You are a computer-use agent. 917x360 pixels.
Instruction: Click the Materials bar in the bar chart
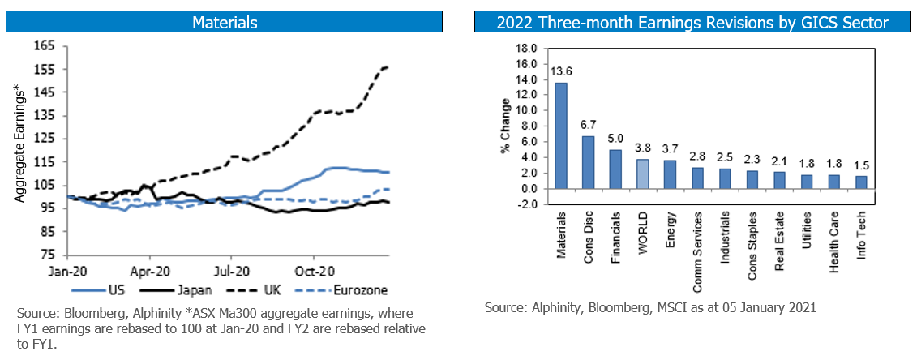560,135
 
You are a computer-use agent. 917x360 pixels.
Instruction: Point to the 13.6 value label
559,71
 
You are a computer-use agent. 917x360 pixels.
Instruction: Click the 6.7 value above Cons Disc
589,125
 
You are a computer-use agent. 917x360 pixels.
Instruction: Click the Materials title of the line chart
225,23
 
